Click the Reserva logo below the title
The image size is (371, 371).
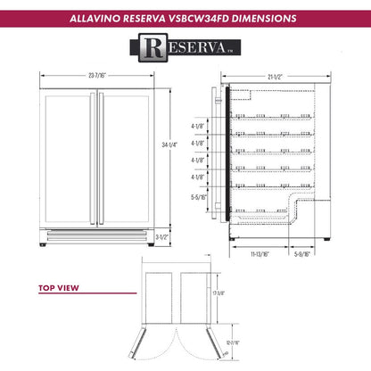(185, 45)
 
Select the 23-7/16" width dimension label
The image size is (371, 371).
(98, 76)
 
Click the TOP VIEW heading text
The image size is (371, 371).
(60, 288)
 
